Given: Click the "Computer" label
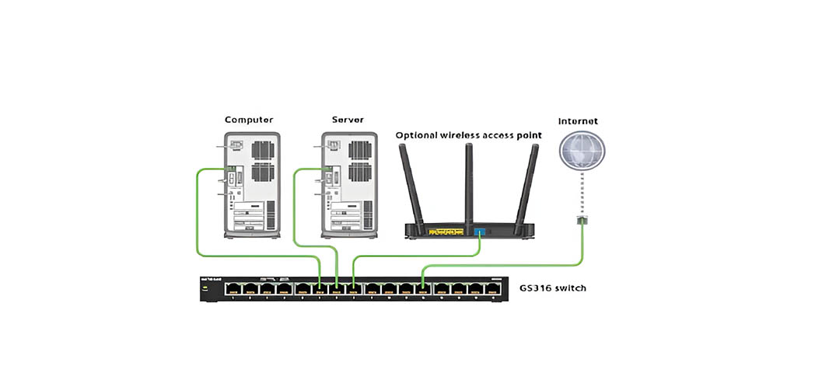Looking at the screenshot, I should (x=249, y=120).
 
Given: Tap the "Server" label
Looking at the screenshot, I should (x=348, y=120).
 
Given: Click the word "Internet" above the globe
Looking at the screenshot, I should (x=578, y=121).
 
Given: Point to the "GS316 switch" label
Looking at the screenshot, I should (x=553, y=288).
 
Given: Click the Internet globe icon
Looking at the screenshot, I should (x=583, y=151).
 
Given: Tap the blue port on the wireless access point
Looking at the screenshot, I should (x=479, y=232).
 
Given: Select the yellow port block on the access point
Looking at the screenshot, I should (x=446, y=232).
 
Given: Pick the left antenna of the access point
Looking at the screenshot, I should (x=410, y=184).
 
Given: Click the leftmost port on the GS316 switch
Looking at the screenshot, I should (x=233, y=289).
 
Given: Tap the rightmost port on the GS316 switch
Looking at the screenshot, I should (x=492, y=289).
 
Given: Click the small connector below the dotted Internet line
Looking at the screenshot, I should (x=583, y=221).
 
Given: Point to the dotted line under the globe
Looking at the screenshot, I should (x=583, y=194).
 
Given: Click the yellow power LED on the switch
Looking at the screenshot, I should (x=205, y=289).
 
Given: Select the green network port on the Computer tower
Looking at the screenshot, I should (x=231, y=169).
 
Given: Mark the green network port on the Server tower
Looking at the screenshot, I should (x=329, y=169).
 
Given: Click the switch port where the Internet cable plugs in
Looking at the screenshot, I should (x=423, y=289).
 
